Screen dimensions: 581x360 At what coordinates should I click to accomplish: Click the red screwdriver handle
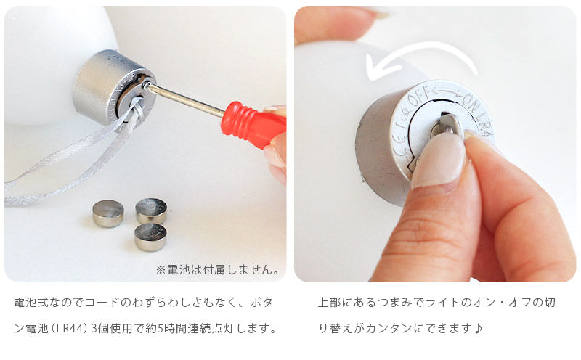coord(252,123)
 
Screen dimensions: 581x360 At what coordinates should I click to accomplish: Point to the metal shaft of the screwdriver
coord(184,98)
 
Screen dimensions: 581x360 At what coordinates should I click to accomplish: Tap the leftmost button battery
coord(107,213)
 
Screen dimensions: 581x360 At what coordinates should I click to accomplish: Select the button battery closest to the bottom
coord(150,237)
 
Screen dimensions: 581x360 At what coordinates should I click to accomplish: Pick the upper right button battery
coord(151,210)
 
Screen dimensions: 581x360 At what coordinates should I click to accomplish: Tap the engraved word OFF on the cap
coord(420,96)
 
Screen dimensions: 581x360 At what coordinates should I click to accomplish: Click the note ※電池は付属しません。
coord(218,269)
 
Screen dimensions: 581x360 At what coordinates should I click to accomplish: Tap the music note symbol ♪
coord(479,328)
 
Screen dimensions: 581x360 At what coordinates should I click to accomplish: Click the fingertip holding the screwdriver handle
coord(276,155)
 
